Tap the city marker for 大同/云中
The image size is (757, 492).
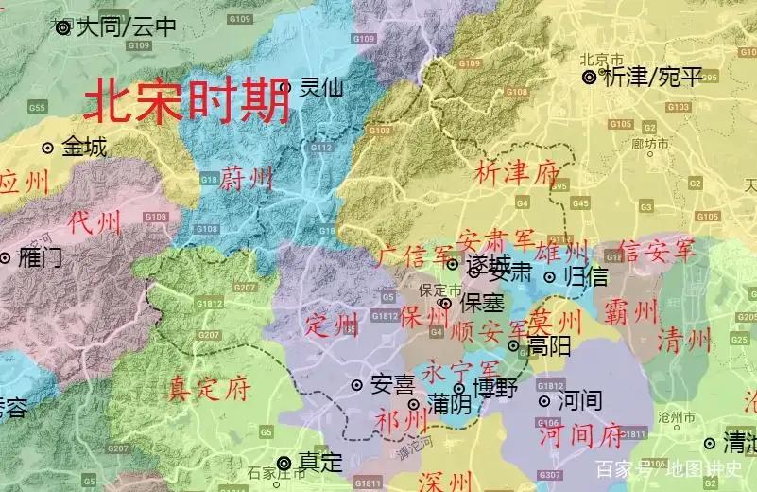coord(63,28)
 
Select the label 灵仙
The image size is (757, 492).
coord(321,88)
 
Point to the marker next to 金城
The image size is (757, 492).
coord(47,148)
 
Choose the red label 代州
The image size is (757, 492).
coord(95,223)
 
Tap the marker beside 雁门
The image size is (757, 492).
coord(5,257)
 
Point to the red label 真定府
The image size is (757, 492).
coord(206,389)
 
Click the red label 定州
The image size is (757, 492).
coord(332,326)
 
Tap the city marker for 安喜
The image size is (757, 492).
coord(357,385)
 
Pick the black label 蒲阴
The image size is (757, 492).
coord(449,404)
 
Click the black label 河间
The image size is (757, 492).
coord(579,400)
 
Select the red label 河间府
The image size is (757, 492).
coord(580,437)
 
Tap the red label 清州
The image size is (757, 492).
coord(683,338)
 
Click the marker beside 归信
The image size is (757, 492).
coord(549,277)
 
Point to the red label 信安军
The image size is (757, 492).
coord(655,251)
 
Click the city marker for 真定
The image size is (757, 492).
coord(283,463)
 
